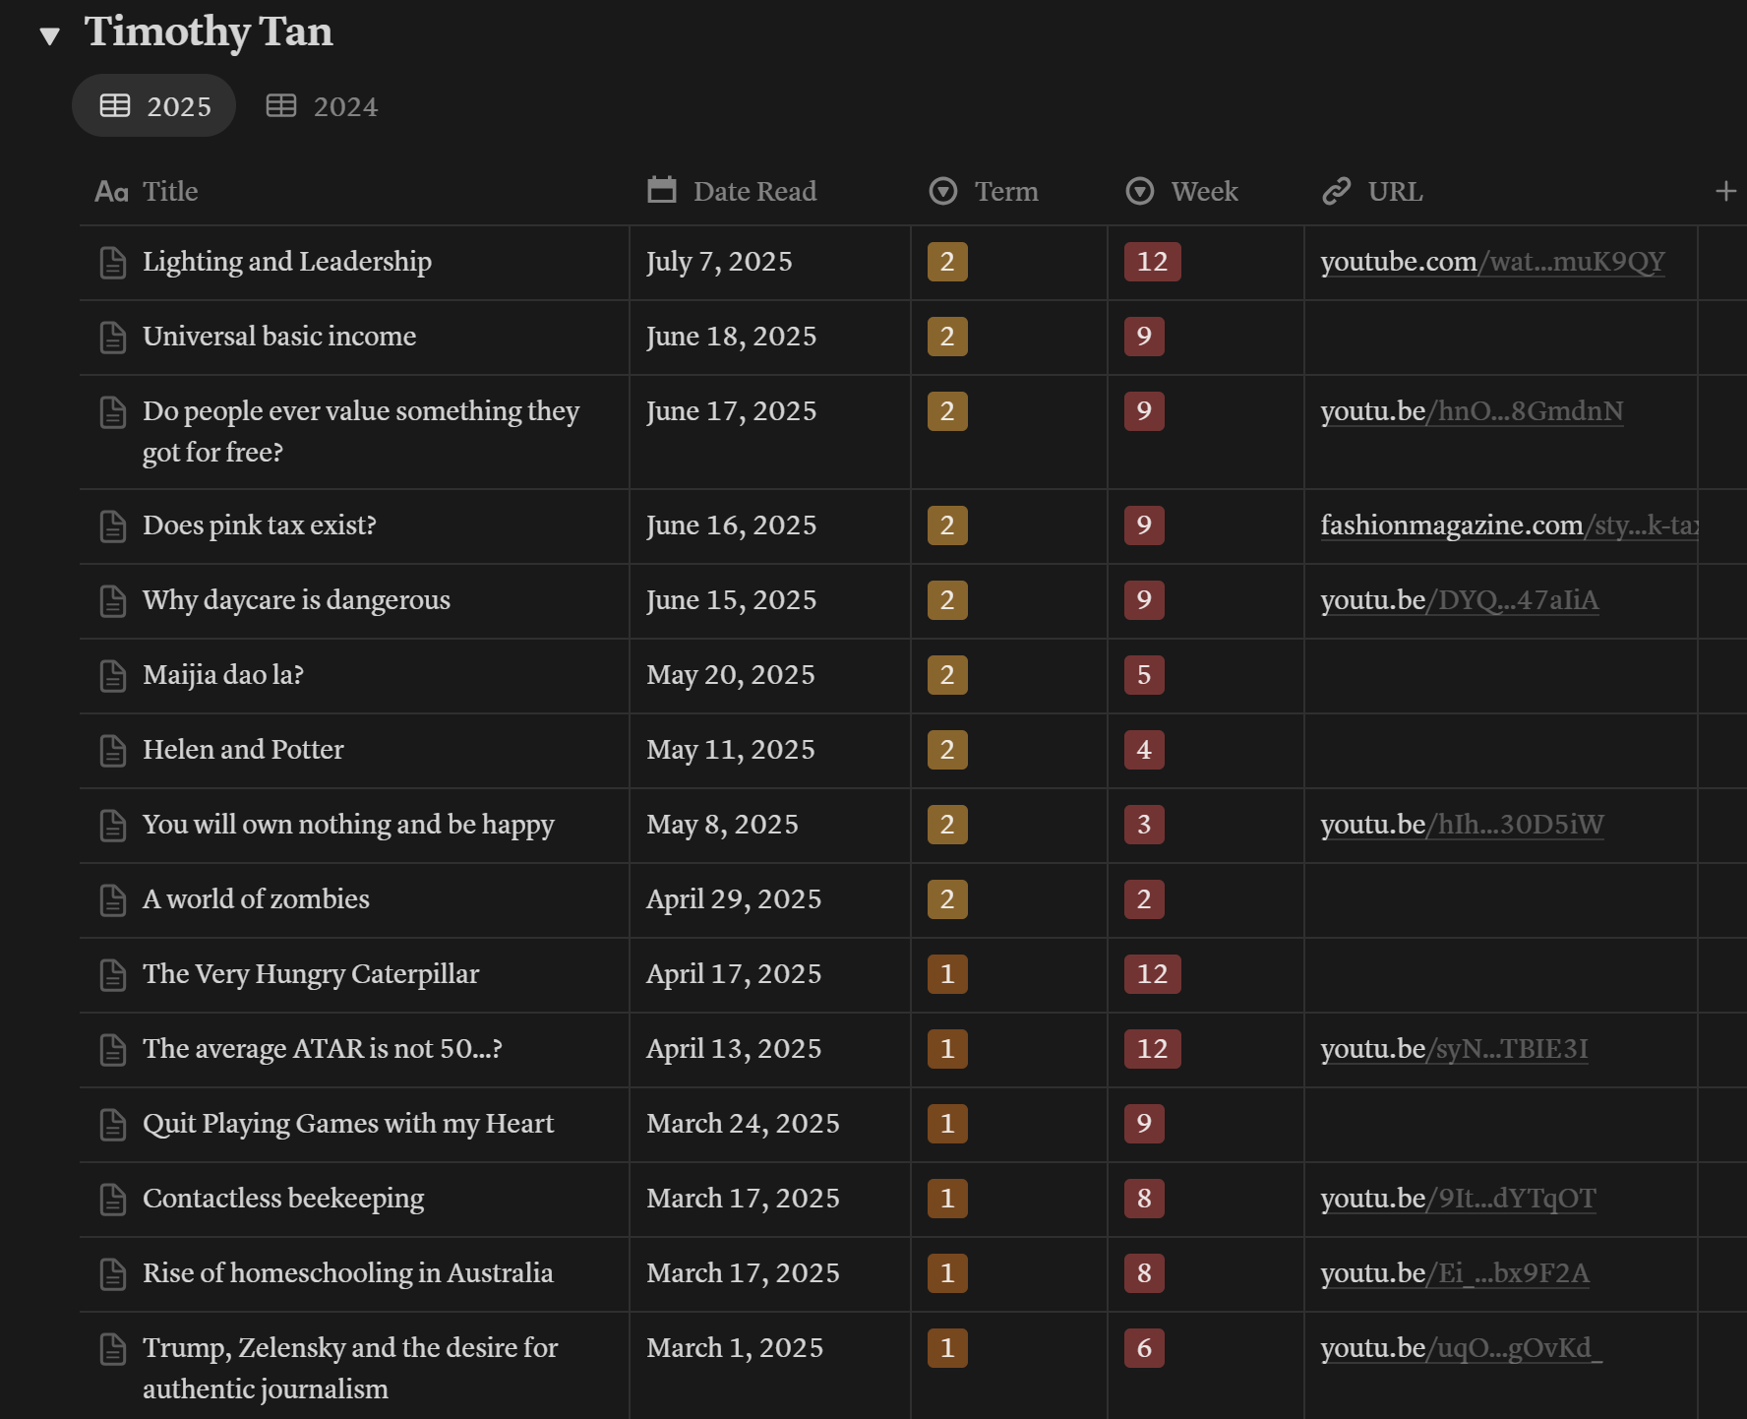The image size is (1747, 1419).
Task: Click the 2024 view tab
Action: (322, 106)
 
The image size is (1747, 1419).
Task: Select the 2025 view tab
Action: (154, 106)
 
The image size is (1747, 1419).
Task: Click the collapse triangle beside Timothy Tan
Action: (50, 36)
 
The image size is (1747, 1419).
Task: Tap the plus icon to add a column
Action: (1725, 191)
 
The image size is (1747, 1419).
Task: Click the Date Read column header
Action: (732, 191)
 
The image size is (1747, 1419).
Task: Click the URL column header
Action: (1372, 191)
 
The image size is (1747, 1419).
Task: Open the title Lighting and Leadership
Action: (287, 262)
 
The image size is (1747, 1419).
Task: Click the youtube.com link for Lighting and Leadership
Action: (1492, 262)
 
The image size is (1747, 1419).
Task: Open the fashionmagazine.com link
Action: (1509, 525)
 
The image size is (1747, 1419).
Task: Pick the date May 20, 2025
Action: (731, 675)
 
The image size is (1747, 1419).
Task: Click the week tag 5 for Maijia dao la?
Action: (1144, 675)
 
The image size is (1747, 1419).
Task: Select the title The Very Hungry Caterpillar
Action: (311, 974)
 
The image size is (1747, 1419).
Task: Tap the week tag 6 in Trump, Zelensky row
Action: (1144, 1348)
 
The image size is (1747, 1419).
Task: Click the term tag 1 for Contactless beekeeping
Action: (947, 1199)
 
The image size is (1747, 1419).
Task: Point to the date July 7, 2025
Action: (719, 262)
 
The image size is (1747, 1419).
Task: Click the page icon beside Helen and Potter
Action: (113, 751)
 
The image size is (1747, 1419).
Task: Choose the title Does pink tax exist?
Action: (260, 525)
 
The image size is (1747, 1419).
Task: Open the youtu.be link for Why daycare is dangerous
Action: (1460, 600)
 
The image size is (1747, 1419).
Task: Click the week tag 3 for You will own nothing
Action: (1144, 825)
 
